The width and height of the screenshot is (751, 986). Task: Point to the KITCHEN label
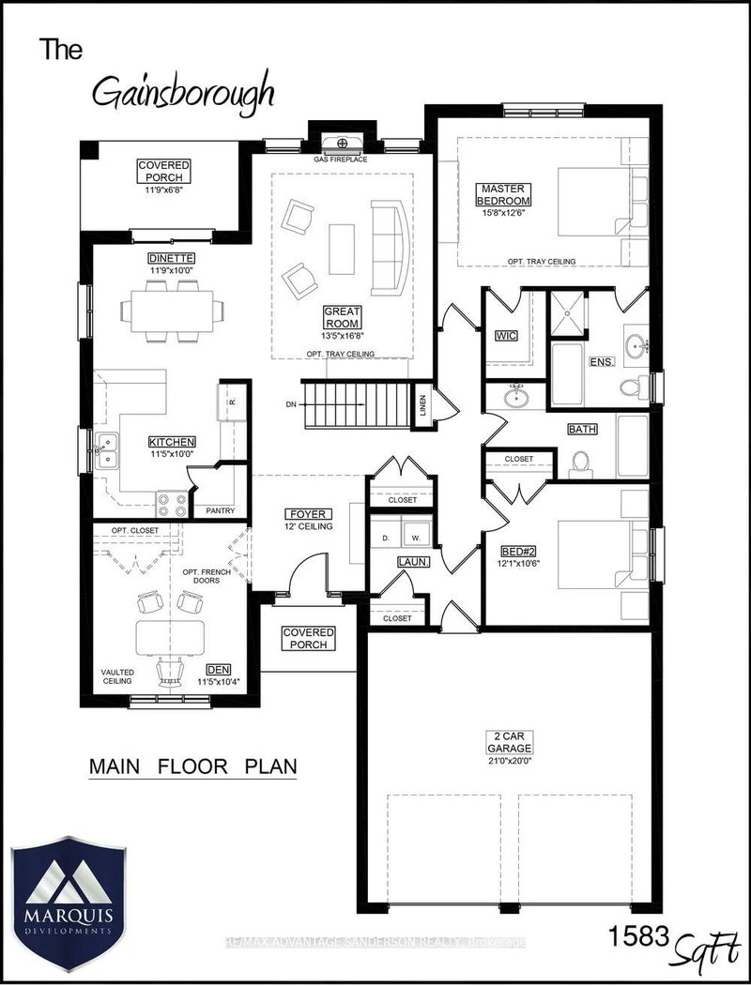pos(171,442)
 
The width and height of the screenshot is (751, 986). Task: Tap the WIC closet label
pos(505,335)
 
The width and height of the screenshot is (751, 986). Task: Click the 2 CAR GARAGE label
pos(515,743)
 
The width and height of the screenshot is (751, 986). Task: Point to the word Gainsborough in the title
pos(183,92)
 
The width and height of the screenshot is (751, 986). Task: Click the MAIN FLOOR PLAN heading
pos(192,766)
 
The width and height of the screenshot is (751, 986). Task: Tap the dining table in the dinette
pos(173,308)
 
